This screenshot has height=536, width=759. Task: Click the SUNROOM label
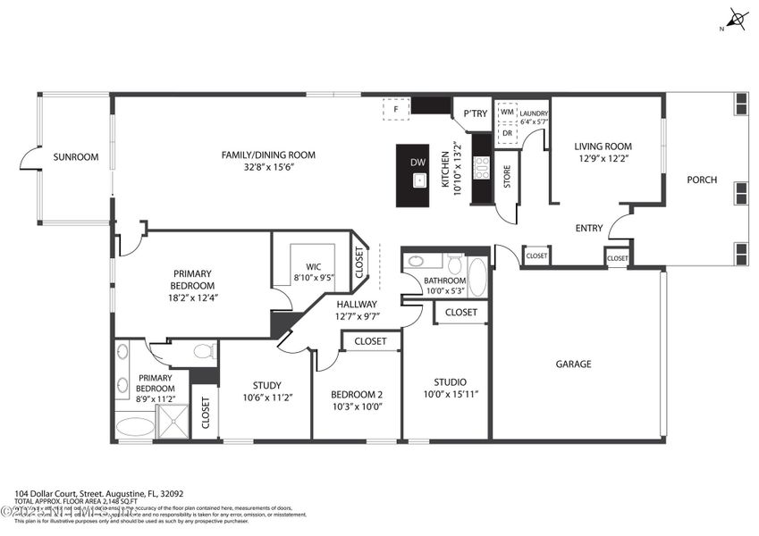(75, 157)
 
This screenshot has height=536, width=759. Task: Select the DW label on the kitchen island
(417, 162)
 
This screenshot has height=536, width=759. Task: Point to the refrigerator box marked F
(396, 108)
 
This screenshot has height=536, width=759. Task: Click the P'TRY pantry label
(475, 113)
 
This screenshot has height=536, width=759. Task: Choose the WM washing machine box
(507, 113)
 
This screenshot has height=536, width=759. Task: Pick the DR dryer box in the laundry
(507, 132)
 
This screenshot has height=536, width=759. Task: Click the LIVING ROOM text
(603, 147)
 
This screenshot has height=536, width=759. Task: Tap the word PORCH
(702, 180)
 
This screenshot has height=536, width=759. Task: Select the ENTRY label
(588, 228)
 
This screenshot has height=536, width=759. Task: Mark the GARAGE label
(573, 364)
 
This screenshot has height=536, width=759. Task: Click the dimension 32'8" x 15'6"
(268, 167)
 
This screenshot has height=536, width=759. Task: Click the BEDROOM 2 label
(356, 395)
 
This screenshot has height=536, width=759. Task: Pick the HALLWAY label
(357, 305)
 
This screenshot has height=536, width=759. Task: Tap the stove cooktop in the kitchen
(482, 168)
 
